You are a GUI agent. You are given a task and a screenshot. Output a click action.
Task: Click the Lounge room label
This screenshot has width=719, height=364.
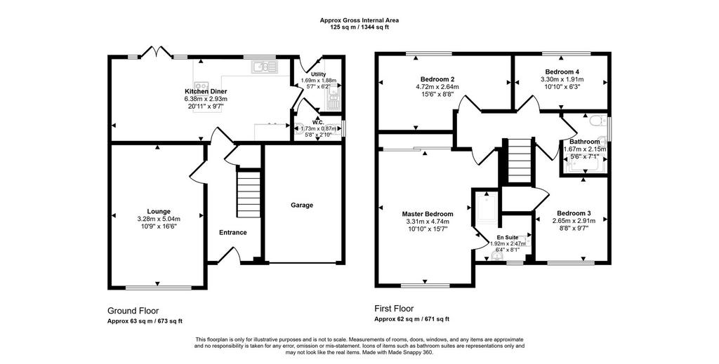159,211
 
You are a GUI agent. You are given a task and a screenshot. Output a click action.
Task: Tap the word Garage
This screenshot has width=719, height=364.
302,205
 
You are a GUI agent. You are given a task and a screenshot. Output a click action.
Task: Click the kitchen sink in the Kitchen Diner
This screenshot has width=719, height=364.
264,67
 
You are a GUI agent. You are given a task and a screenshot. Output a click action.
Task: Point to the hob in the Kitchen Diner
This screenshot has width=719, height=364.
201,87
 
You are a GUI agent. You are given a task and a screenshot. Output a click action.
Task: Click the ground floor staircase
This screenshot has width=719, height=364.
248,193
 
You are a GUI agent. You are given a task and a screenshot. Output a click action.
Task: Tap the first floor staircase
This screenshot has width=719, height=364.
520,161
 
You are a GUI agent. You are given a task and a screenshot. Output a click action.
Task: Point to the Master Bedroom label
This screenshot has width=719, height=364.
428,214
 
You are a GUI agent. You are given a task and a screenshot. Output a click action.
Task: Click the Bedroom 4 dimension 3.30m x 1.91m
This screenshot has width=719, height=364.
562,79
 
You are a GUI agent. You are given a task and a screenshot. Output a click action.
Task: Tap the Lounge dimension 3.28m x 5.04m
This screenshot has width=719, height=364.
159,218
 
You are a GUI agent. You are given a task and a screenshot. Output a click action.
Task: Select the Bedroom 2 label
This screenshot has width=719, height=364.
437,79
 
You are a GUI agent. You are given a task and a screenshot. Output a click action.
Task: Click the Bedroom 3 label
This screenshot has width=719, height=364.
574,213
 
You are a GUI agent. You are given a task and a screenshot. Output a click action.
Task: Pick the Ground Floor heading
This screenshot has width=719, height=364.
133,311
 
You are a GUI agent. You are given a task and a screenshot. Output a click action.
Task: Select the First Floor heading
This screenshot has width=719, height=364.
394,309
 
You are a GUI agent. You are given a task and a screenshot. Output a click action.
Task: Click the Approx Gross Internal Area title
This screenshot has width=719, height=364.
359,20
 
